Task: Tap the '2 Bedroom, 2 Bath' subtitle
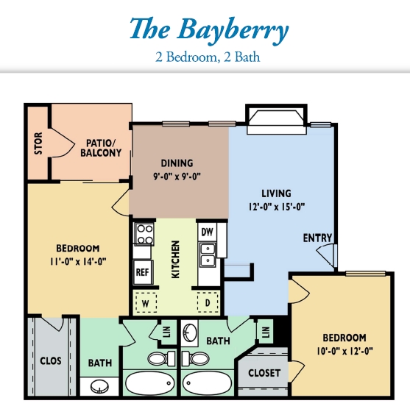208,57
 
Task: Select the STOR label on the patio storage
38,143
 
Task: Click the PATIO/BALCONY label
101,148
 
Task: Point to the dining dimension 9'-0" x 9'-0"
177,177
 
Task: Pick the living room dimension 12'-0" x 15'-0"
277,207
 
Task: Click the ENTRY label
317,238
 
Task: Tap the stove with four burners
144,234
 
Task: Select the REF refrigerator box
143,272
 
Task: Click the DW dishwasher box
208,232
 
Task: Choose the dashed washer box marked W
146,302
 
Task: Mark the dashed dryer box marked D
208,302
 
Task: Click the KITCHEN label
175,260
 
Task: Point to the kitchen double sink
208,255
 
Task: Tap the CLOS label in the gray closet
51,361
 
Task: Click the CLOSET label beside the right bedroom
264,373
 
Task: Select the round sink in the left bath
99,386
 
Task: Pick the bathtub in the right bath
207,383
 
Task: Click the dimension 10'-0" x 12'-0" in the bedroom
344,351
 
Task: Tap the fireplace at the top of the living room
276,120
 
